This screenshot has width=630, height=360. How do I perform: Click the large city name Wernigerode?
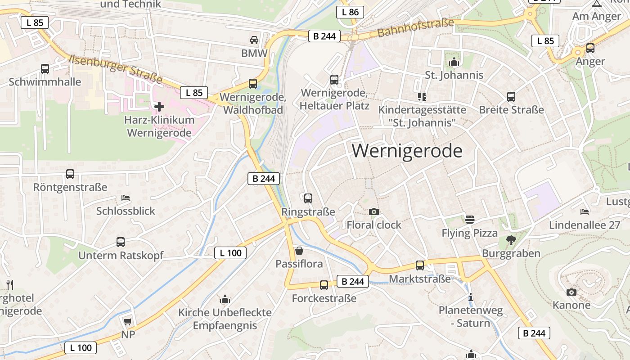click(407, 151)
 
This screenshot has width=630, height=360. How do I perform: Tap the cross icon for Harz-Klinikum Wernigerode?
click(159, 107)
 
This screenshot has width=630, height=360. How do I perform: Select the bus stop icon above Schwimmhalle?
click(45, 69)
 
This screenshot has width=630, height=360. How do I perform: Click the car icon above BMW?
click(254, 40)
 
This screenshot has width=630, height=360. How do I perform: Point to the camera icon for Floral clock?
click(373, 211)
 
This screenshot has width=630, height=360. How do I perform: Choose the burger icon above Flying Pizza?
click(470, 220)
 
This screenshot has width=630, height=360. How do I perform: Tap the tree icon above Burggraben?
click(511, 240)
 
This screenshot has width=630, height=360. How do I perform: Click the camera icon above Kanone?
click(571, 292)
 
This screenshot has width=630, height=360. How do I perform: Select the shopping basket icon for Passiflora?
click(299, 250)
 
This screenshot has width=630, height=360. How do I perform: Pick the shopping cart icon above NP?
click(128, 321)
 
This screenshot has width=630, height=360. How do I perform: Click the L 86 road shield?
click(350, 12)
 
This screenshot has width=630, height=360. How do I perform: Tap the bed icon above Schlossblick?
click(126, 198)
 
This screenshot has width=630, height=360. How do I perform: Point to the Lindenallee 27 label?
click(585, 225)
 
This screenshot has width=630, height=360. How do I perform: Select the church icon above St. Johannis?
click(454, 62)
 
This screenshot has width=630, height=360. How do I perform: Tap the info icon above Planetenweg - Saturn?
click(471, 297)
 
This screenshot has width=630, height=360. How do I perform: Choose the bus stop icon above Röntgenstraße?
click(70, 174)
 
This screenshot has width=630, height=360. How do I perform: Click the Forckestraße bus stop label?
click(324, 298)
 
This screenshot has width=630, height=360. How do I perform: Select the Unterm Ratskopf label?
click(121, 256)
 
